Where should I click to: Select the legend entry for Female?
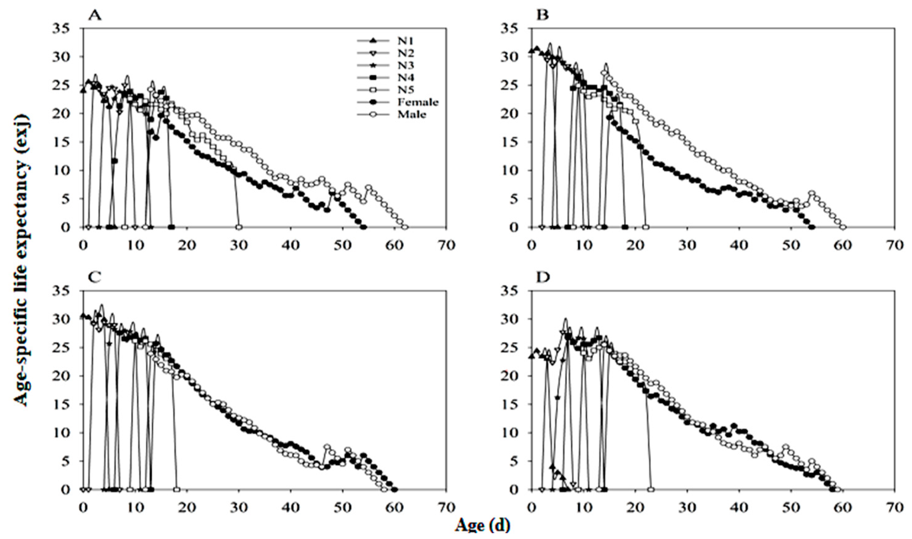[x=418, y=102]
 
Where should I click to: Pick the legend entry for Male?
[x=413, y=114]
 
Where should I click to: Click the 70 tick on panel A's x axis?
[x=446, y=245]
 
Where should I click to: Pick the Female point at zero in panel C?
[x=395, y=489]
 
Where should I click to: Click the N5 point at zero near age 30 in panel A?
[x=239, y=227]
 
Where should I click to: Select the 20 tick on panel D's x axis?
[x=635, y=507]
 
